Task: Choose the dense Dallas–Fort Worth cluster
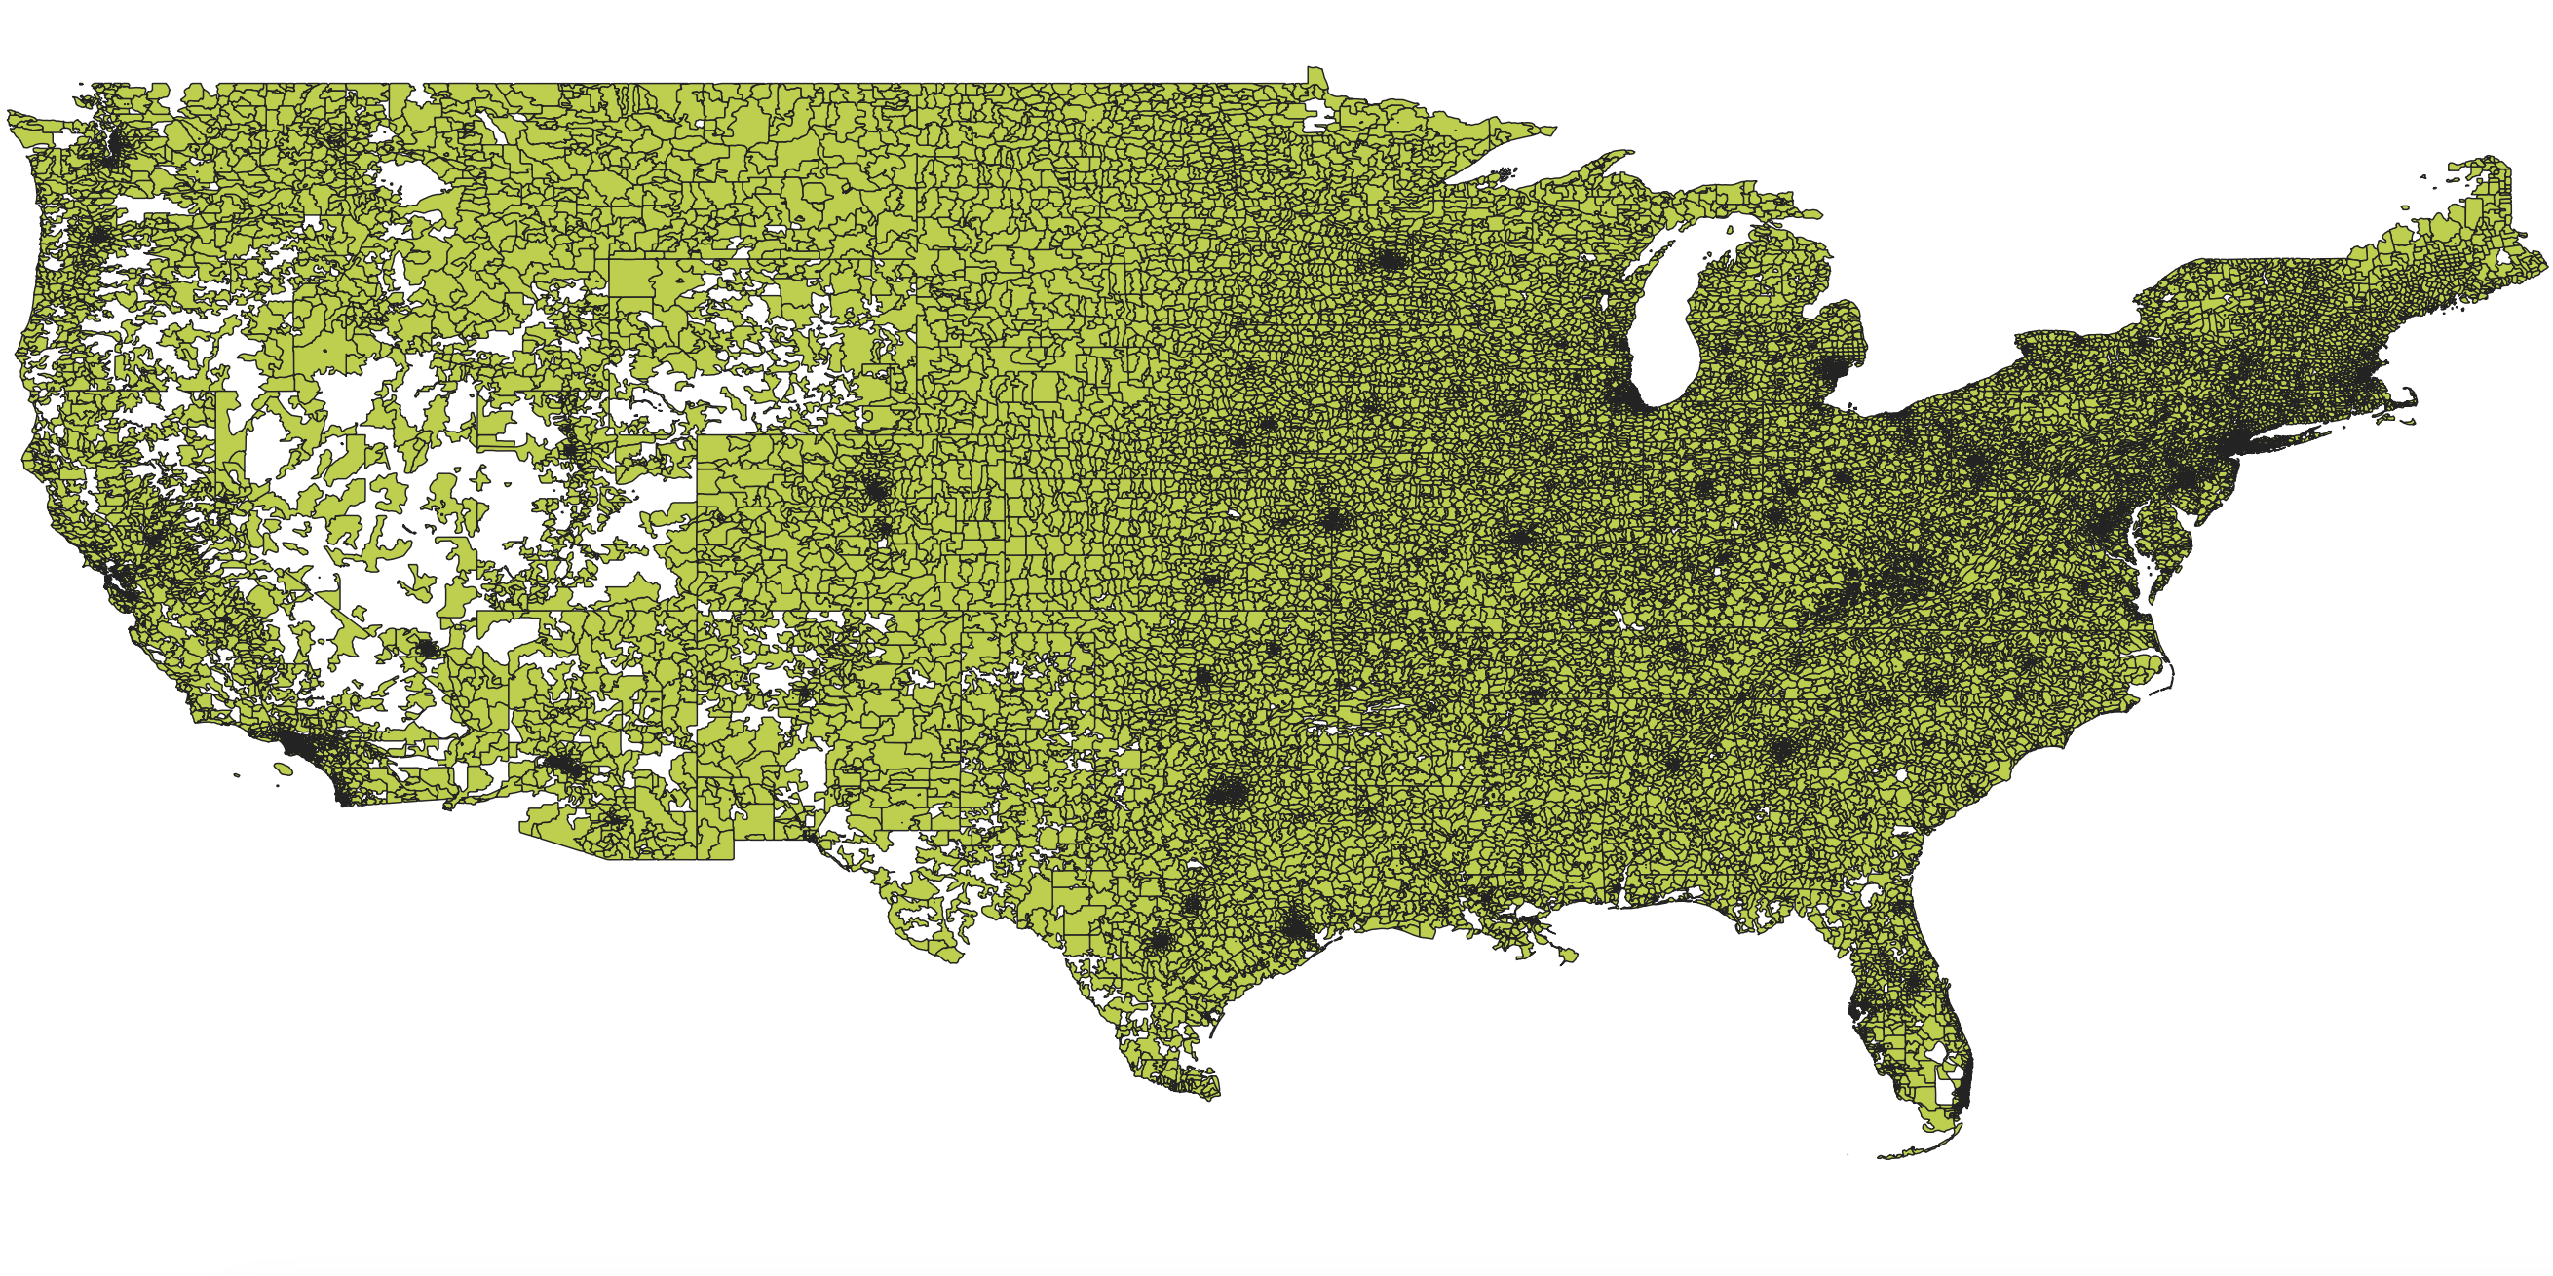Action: pos(1227,793)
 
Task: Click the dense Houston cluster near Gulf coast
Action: pos(1296,928)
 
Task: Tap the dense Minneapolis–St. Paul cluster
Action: pos(1391,260)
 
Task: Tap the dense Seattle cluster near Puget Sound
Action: pos(111,149)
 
